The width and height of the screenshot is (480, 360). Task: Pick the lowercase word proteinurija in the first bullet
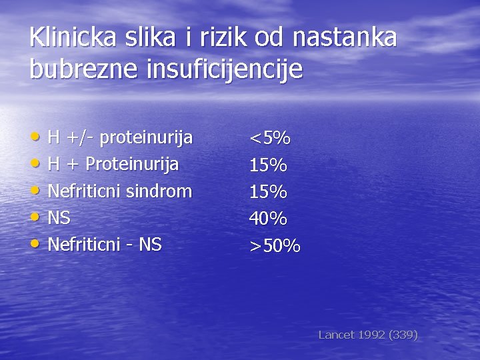point(147,138)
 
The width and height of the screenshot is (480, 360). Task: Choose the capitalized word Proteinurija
point(132,165)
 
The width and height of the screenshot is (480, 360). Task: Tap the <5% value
point(270,139)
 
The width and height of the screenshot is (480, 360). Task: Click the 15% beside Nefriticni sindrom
point(268,192)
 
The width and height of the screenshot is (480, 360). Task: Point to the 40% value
point(268,219)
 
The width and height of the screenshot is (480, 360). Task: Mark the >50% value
point(275,246)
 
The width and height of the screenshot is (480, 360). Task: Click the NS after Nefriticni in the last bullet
point(150,245)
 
